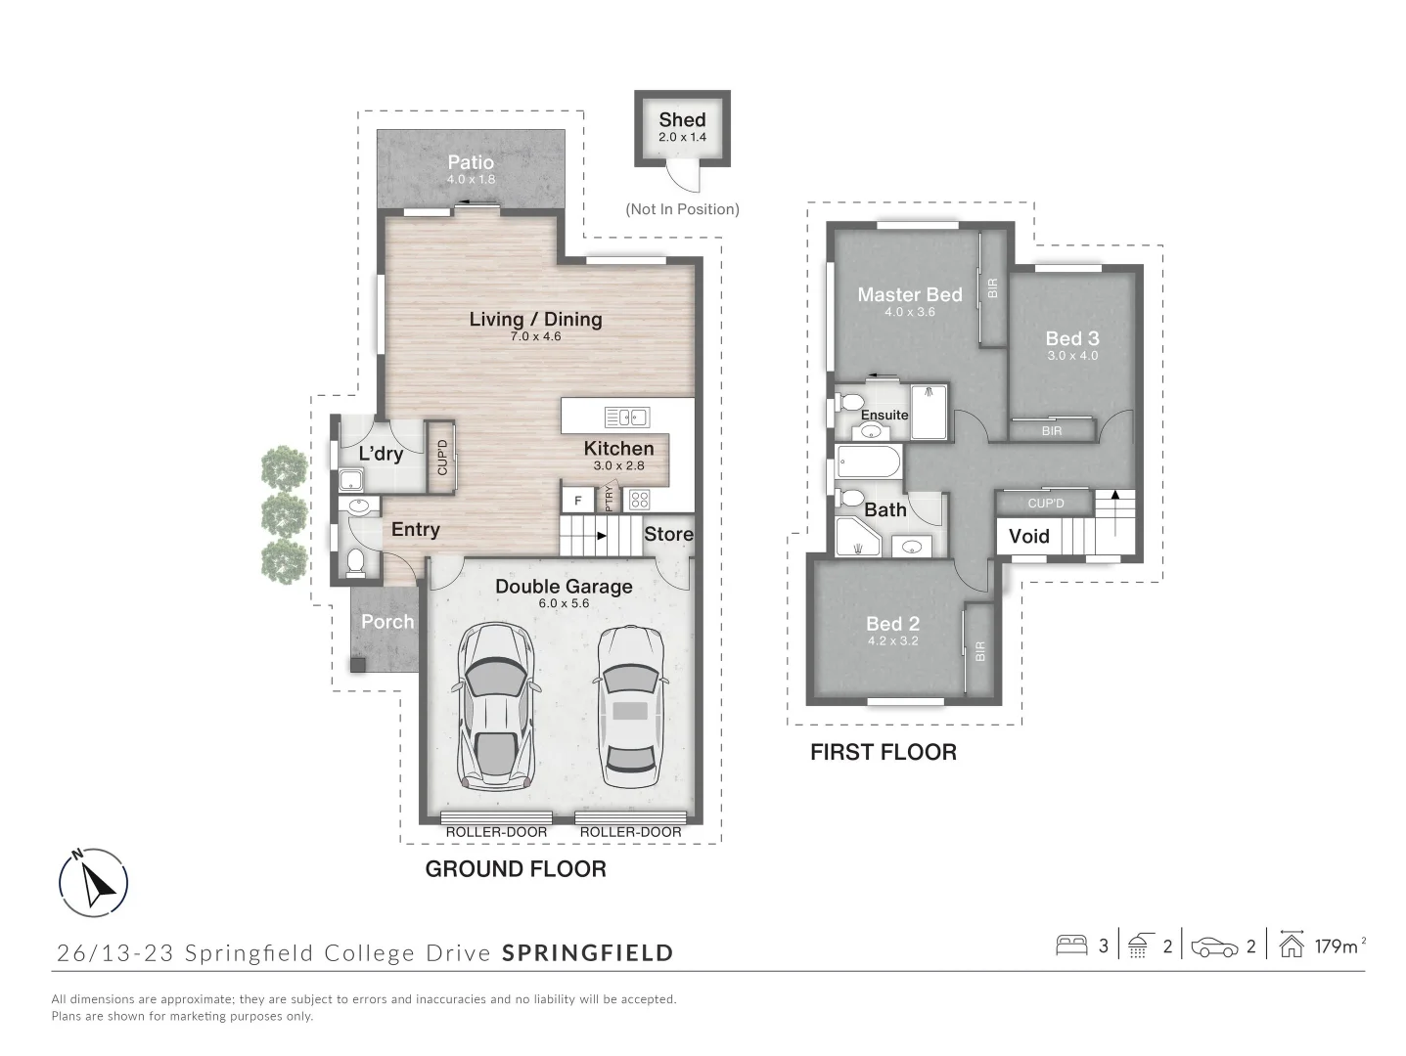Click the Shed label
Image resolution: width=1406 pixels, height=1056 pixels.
pyautogui.click(x=682, y=120)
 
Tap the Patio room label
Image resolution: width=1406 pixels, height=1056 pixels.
pyautogui.click(x=471, y=162)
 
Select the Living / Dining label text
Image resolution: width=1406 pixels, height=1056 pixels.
pyautogui.click(x=535, y=319)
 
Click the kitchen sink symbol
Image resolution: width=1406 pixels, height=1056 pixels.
pyautogui.click(x=626, y=418)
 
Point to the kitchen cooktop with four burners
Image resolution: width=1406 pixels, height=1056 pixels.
pyautogui.click(x=639, y=500)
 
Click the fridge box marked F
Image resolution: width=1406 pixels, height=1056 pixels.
pyautogui.click(x=578, y=501)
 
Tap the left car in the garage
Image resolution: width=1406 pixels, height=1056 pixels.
pyautogui.click(x=496, y=708)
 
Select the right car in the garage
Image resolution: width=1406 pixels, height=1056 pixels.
pyautogui.click(x=630, y=708)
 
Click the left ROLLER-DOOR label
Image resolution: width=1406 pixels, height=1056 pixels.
pyautogui.click(x=496, y=832)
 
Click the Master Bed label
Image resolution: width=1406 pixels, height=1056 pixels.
pyautogui.click(x=909, y=294)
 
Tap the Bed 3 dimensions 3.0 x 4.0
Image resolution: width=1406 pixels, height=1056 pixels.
pyautogui.click(x=1072, y=356)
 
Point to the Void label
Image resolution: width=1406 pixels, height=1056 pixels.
pyautogui.click(x=1028, y=536)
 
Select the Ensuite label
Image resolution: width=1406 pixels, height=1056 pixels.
pyautogui.click(x=884, y=415)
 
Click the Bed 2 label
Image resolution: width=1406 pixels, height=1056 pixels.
pyautogui.click(x=892, y=624)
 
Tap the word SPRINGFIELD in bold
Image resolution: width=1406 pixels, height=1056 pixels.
pyautogui.click(x=588, y=952)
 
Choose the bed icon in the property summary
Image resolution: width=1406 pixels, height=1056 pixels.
pyautogui.click(x=1071, y=946)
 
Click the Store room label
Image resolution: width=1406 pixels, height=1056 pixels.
pyautogui.click(x=668, y=534)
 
